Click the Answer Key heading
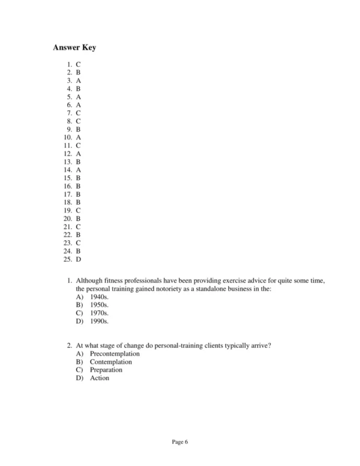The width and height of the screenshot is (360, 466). click(74, 47)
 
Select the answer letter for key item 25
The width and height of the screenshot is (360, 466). click(79, 259)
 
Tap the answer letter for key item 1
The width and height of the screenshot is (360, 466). click(79, 64)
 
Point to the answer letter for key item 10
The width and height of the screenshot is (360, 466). click(79, 137)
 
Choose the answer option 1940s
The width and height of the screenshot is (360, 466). click(99, 297)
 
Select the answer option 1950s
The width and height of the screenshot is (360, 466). click(99, 305)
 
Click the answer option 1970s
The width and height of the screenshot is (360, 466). click(99, 313)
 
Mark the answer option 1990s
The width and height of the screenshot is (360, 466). click(99, 321)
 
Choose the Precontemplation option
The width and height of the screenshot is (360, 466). click(115, 354)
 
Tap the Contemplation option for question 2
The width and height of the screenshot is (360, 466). click(111, 362)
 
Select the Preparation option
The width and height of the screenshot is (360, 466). click(106, 371)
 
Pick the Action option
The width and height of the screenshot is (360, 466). click(100, 378)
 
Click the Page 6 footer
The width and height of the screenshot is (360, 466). click(180, 443)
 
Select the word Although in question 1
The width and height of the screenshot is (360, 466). click(90, 280)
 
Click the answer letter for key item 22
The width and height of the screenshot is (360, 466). click(79, 235)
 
